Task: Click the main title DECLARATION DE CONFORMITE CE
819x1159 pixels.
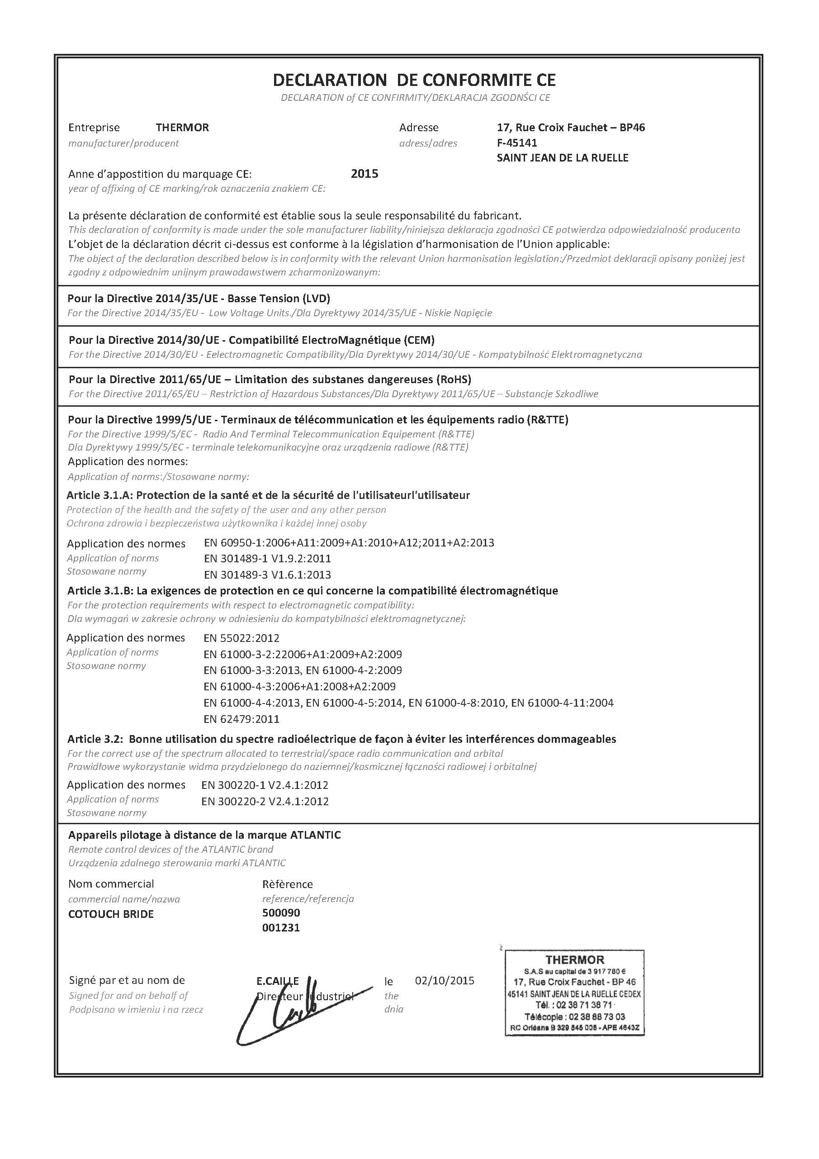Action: tap(414, 80)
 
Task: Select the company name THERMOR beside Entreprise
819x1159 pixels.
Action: tap(182, 128)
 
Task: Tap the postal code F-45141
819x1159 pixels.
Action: tap(517, 143)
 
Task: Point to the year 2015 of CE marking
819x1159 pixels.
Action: tap(365, 174)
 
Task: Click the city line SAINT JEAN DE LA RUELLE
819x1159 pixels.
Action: tap(562, 158)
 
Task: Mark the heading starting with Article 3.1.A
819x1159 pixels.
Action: tap(268, 495)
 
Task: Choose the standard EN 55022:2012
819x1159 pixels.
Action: tap(241, 638)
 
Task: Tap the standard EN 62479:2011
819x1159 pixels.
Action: tap(241, 719)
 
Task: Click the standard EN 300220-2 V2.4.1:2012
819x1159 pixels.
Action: tap(265, 801)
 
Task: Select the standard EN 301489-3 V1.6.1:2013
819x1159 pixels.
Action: tap(267, 575)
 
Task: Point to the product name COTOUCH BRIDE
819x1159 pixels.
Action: tap(111, 914)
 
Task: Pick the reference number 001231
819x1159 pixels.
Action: tap(281, 927)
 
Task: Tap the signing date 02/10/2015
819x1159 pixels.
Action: tap(445, 980)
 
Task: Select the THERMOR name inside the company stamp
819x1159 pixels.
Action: tap(574, 959)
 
